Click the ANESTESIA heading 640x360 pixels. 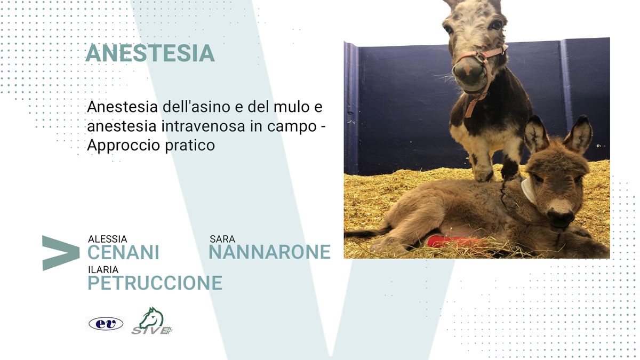pos(150,53)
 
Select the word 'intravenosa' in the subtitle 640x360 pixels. pos(203,126)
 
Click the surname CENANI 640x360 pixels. pos(123,252)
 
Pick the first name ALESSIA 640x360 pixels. pos(107,239)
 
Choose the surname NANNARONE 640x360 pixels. pos(269,252)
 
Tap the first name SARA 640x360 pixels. pos(222,239)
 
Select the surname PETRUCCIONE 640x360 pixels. pos(155,283)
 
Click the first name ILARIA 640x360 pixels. pos(103,269)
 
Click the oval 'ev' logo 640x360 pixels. pos(106,324)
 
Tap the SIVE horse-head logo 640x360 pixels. pos(152,321)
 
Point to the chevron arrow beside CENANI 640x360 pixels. pos(61,253)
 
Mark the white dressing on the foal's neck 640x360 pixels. pos(529,191)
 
